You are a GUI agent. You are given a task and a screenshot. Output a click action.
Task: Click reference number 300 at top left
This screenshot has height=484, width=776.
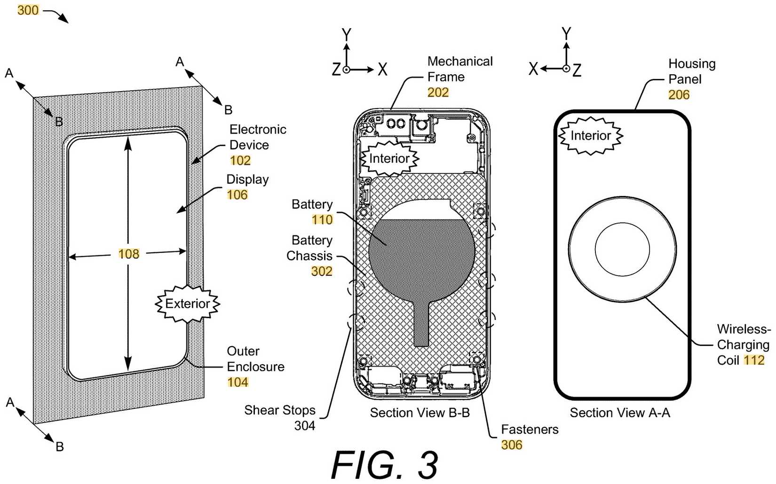(28, 10)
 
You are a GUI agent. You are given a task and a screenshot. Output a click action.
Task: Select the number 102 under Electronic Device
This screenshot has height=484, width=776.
(240, 161)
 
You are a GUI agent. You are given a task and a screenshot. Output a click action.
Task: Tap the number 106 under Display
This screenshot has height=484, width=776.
(237, 195)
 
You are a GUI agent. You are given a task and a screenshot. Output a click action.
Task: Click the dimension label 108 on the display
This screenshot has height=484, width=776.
(128, 254)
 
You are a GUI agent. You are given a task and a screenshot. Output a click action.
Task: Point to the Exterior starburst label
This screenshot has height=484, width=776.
(187, 304)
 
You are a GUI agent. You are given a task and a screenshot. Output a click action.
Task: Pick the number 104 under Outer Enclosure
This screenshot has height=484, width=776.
(238, 383)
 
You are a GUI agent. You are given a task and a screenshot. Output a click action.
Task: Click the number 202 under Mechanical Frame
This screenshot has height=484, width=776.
(438, 93)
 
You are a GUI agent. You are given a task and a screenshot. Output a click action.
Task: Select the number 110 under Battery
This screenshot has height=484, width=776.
(322, 220)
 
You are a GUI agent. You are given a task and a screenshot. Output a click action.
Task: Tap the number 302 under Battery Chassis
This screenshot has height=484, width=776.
(322, 272)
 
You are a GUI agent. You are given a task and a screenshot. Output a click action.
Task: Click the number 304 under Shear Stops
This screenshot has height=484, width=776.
(304, 426)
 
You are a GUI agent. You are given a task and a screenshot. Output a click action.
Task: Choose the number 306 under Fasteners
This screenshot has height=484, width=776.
(512, 445)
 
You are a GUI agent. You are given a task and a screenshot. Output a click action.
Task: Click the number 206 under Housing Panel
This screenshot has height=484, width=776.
(679, 95)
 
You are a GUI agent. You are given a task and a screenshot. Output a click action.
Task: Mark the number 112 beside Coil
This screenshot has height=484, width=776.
(754, 360)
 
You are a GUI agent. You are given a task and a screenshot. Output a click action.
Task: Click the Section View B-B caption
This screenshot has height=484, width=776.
(420, 413)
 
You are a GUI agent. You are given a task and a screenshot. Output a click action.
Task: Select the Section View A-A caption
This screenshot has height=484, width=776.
(620, 413)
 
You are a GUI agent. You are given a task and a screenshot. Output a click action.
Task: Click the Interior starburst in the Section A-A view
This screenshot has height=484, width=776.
(590, 136)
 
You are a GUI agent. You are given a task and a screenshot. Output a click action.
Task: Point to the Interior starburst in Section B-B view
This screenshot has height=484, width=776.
(389, 158)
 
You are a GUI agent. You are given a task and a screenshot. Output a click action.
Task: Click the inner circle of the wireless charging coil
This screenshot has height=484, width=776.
(622, 249)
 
